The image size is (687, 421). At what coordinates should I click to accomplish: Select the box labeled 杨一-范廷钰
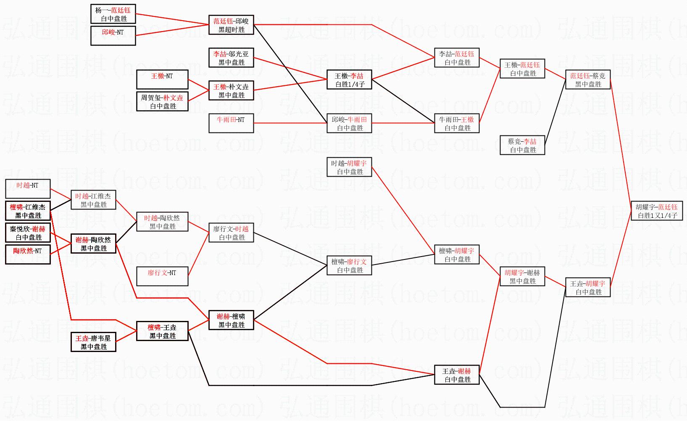click(113, 14)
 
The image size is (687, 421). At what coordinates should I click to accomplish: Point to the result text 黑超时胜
click(231, 29)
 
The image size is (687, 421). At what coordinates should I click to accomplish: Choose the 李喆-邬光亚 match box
click(231, 58)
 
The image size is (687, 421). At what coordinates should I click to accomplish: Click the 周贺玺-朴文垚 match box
click(163, 102)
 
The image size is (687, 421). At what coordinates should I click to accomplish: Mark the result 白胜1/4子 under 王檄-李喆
click(350, 84)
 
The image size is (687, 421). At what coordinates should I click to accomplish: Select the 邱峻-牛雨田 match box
click(349, 124)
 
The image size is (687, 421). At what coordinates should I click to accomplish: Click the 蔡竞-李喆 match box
click(522, 146)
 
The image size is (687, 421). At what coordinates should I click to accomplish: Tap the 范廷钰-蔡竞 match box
click(587, 80)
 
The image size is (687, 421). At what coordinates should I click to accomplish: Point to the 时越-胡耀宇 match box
click(349, 167)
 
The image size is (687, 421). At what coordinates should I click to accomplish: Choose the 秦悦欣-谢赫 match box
click(28, 233)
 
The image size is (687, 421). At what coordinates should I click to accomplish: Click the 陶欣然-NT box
click(28, 255)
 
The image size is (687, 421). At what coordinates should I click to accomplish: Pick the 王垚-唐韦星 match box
click(93, 342)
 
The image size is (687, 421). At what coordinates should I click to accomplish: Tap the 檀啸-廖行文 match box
click(349, 266)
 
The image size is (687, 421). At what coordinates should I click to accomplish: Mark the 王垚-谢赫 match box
click(457, 375)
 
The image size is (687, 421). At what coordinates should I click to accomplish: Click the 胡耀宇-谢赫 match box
click(522, 277)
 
